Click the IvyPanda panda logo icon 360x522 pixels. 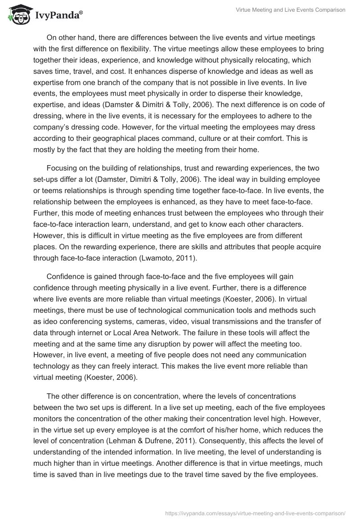(18, 14)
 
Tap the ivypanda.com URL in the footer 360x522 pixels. (256, 513)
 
